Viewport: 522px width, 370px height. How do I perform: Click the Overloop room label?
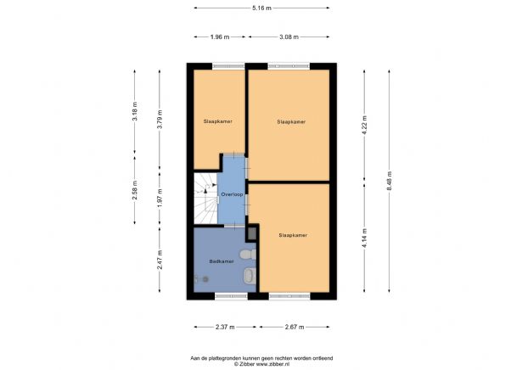point(232,194)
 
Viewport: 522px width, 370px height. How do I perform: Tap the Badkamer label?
point(222,261)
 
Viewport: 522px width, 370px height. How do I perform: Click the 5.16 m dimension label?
point(262,8)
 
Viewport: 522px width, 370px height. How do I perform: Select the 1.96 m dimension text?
point(220,37)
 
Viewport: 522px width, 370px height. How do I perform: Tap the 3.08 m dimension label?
point(289,37)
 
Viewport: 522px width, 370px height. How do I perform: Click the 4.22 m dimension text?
point(364,124)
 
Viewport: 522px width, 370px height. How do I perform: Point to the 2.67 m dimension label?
point(295,327)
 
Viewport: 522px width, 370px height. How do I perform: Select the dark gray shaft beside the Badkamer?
point(253,233)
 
